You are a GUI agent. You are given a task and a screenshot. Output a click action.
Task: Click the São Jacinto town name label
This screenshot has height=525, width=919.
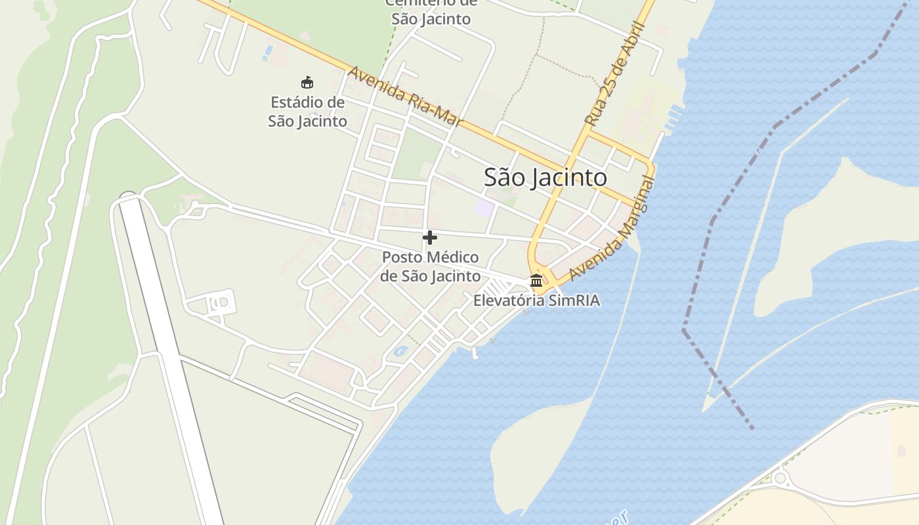tap(545, 177)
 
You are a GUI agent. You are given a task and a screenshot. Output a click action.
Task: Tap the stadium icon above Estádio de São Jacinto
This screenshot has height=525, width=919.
tap(307, 83)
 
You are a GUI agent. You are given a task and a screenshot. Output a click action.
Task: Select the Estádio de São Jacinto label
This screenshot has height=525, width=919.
tap(307, 112)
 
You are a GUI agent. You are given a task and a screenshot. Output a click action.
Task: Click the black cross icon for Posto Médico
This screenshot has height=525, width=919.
tap(430, 238)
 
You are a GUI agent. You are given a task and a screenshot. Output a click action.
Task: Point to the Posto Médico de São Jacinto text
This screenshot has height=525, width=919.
tap(430, 266)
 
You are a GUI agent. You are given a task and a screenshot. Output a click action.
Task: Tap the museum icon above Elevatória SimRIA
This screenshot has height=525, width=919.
tap(536, 281)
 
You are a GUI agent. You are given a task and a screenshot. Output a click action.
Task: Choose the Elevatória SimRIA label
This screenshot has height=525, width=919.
tap(536, 301)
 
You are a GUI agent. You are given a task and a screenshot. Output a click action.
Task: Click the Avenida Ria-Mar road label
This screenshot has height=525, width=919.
tap(405, 96)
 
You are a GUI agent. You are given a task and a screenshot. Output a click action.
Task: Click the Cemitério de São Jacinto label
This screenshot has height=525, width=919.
tap(431, 12)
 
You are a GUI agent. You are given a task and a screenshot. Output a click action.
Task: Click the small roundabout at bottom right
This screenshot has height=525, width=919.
tap(780, 478)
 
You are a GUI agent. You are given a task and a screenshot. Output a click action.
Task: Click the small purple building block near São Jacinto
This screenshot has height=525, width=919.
tap(484, 209)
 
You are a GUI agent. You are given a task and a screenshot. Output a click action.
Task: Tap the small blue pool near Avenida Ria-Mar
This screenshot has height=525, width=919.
tap(268, 51)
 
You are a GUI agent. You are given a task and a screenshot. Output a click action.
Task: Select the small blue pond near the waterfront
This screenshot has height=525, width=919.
tap(400, 352)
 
